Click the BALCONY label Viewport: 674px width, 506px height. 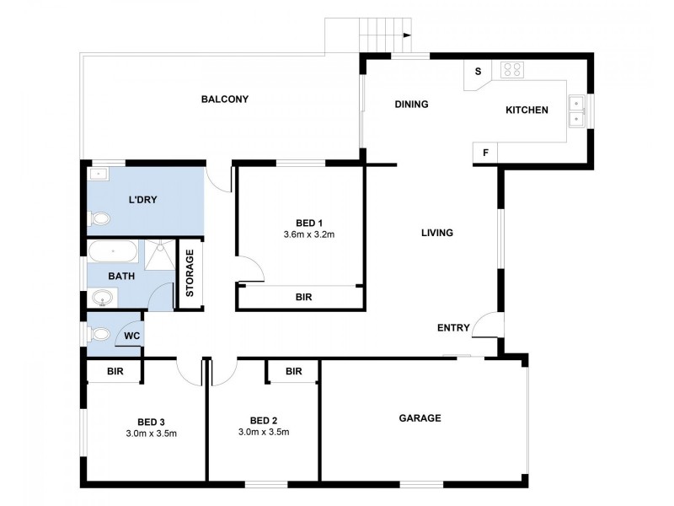(x=224, y=100)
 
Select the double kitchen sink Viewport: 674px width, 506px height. (x=577, y=110)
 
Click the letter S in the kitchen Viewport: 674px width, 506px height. (x=478, y=72)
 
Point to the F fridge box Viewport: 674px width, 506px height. (x=485, y=153)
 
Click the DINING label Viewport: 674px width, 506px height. (x=412, y=105)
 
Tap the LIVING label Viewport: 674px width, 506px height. (x=437, y=233)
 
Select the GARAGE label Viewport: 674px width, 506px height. (x=420, y=417)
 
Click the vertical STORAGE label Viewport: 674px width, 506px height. (x=190, y=273)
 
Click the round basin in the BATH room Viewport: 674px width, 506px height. (x=104, y=298)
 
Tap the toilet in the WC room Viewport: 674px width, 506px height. (x=99, y=332)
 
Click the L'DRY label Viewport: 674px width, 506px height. (x=143, y=200)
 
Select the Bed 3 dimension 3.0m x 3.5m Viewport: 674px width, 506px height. (x=151, y=433)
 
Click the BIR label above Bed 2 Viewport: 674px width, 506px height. (x=293, y=371)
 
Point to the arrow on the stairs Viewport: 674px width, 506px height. (x=406, y=35)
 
